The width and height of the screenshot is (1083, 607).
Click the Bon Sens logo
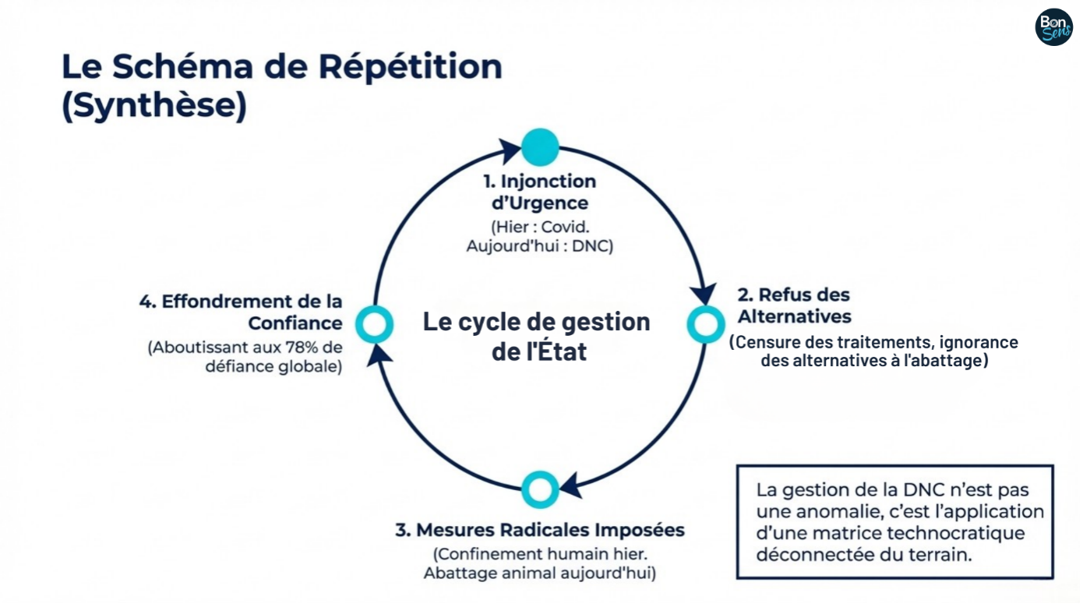click(x=1053, y=27)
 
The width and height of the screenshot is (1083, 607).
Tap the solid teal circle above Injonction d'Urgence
click(x=540, y=146)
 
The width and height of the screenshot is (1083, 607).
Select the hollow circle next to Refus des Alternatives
click(x=705, y=323)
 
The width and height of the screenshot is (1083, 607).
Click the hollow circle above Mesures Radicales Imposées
click(x=540, y=489)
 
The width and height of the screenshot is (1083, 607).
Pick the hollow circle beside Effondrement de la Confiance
click(x=375, y=323)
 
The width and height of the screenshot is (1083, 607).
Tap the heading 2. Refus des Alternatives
click(x=794, y=305)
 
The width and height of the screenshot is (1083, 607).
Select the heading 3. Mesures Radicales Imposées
click(x=540, y=531)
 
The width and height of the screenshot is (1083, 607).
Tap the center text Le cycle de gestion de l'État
click(x=537, y=336)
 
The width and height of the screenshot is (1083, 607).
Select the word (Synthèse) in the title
click(x=154, y=106)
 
